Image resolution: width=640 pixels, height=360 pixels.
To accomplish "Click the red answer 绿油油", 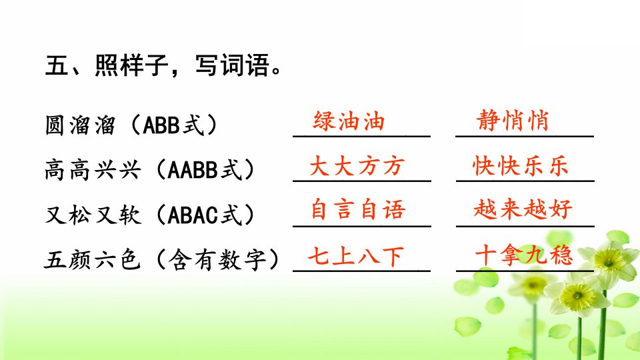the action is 349,121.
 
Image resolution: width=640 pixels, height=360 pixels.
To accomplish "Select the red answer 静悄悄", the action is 513,121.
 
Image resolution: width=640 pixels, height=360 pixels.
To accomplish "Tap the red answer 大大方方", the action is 357,166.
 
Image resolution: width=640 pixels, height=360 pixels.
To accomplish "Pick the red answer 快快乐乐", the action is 521,166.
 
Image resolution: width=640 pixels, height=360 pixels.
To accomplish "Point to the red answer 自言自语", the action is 358,209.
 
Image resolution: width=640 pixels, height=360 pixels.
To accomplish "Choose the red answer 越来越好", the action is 523,209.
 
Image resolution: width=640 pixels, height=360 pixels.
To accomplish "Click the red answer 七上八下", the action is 356,256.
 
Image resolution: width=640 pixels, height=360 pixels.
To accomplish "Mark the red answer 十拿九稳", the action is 524,255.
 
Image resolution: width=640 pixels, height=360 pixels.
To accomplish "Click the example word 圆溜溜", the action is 81,125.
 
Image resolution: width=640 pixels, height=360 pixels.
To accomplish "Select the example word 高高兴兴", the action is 93,170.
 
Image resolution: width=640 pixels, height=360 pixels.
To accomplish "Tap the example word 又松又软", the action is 93,215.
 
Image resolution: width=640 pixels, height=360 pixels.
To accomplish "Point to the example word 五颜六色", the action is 92,259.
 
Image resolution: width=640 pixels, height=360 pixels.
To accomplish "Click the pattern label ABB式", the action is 173,125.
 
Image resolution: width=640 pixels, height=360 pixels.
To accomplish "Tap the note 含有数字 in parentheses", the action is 217,259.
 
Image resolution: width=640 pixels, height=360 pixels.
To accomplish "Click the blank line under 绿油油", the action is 361,136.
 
